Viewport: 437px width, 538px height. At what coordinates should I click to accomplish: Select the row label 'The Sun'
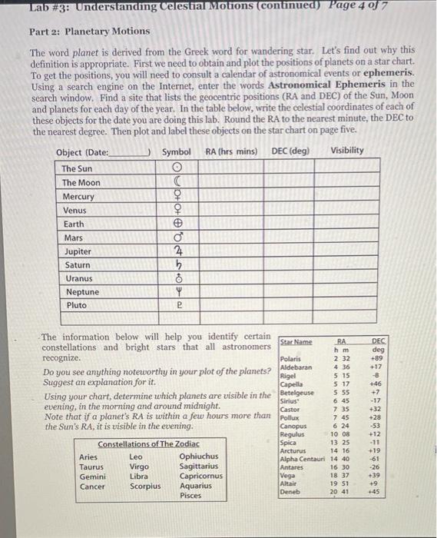pyautogui.click(x=76, y=168)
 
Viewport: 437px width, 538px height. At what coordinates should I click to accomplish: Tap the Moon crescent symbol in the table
pyautogui.click(x=177, y=182)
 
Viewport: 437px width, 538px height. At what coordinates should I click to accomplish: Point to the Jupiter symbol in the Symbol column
pyautogui.click(x=177, y=251)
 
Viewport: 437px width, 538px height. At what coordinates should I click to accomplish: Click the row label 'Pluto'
pyautogui.click(x=74, y=306)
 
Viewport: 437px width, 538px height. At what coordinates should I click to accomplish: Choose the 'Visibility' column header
pyautogui.click(x=347, y=151)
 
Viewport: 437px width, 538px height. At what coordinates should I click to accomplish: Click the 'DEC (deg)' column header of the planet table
pyautogui.click(x=290, y=151)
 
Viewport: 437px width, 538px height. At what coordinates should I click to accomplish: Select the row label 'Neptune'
pyautogui.click(x=80, y=292)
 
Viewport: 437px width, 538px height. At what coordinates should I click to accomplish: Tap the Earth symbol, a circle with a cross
pyautogui.click(x=177, y=224)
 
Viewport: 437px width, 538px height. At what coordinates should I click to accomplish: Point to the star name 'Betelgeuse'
pyautogui.click(x=297, y=392)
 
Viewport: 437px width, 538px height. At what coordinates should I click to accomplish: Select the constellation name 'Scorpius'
pyautogui.click(x=146, y=486)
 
